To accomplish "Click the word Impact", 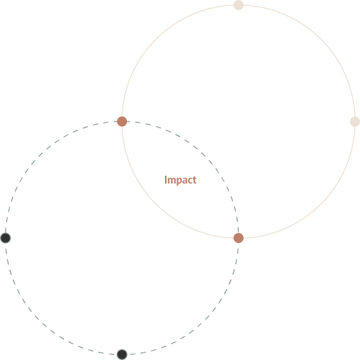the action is (x=181, y=180).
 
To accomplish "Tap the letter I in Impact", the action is (x=166, y=179).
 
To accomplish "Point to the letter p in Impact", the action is (x=179, y=181).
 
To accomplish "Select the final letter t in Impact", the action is (x=195, y=180).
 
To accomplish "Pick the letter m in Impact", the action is (x=171, y=181).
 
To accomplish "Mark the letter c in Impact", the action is (x=190, y=181).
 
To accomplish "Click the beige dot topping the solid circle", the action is (x=238, y=5).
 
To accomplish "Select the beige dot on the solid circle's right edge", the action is (x=355, y=122).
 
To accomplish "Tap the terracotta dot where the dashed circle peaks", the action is (x=122, y=122).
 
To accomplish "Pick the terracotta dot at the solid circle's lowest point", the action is (x=238, y=238).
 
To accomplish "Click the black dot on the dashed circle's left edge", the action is (x=5, y=238).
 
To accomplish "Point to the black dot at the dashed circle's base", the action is (x=122, y=355).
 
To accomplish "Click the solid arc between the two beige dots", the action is (x=321, y=39).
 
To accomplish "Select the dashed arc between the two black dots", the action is (x=39, y=321).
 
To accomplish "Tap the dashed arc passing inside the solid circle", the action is (x=204, y=156).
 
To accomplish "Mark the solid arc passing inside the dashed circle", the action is (x=156, y=204).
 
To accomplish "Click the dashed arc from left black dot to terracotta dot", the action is (x=39, y=156).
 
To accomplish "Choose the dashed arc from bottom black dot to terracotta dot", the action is (x=204, y=321).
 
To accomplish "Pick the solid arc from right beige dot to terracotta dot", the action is (x=321, y=204).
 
